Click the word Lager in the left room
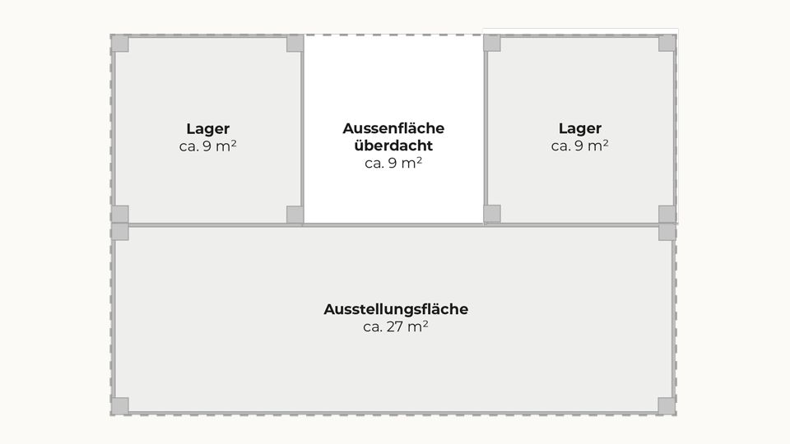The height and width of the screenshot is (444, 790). pos(207,129)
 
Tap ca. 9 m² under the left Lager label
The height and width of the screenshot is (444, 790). pos(207,146)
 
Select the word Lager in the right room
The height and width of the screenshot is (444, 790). pos(580,128)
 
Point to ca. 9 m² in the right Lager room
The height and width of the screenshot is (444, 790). pos(580,146)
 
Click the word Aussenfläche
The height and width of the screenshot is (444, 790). pos(393,128)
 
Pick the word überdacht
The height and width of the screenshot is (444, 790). pos(393,146)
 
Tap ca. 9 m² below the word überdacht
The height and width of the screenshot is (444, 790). pos(393,163)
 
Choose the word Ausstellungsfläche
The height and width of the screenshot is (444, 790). pos(396,308)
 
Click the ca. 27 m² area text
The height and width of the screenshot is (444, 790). pos(396,326)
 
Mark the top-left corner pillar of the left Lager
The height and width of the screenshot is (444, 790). pos(120,44)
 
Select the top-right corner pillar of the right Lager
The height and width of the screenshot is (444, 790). pos(667,44)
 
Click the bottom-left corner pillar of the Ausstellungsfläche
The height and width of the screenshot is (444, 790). pos(120,405)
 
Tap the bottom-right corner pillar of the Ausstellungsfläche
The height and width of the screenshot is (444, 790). pos(667,405)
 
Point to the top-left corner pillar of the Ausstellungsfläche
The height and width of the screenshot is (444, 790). pos(120,232)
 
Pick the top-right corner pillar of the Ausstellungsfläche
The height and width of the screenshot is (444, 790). pos(667,232)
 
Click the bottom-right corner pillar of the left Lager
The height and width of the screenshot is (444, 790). pos(295,215)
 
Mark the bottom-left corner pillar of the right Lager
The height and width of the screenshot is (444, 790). pos(492,214)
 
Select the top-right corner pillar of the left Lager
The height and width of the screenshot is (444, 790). pos(295,44)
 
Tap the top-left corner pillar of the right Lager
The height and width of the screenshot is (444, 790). pos(492,43)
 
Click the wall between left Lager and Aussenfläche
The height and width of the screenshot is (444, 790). pos(302,129)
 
